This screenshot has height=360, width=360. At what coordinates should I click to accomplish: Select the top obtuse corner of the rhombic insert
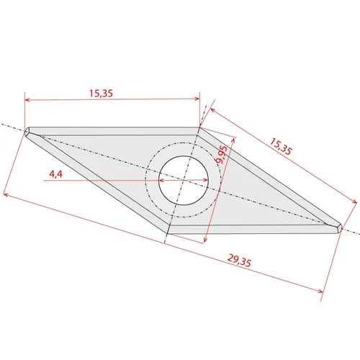(x=199, y=130)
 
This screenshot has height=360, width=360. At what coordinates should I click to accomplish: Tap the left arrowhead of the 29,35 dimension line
(x=6, y=194)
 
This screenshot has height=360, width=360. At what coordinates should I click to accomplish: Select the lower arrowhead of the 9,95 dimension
(x=207, y=238)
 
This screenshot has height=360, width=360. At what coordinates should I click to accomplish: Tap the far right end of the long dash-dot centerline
(x=358, y=233)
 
